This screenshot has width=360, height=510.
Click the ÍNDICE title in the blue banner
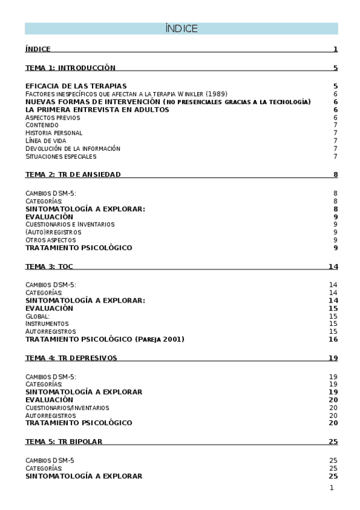tap(181, 29)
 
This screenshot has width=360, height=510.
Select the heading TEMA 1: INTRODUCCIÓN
tap(70, 68)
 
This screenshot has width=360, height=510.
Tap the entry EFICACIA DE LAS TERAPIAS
tap(76, 86)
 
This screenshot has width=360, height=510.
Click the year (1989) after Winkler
tap(216, 94)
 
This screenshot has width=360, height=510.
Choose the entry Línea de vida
tap(46, 141)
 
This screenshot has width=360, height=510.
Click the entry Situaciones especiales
tap(61, 156)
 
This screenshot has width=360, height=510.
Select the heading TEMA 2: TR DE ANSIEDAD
tap(73, 174)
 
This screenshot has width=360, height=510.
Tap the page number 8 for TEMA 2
tap(335, 174)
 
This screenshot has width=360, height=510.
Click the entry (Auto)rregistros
tap(53, 232)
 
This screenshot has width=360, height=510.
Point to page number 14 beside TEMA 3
tap(333, 266)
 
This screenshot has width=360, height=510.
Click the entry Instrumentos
tap(47, 324)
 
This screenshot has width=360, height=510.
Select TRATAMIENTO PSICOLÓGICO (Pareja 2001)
tap(105, 339)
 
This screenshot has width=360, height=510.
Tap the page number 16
tap(333, 339)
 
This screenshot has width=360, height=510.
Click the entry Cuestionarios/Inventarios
tap(67, 408)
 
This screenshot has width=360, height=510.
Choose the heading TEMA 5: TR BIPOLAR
tap(64, 441)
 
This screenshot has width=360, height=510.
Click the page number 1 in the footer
tap(331, 488)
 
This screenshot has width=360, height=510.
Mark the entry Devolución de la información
tap(73, 149)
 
